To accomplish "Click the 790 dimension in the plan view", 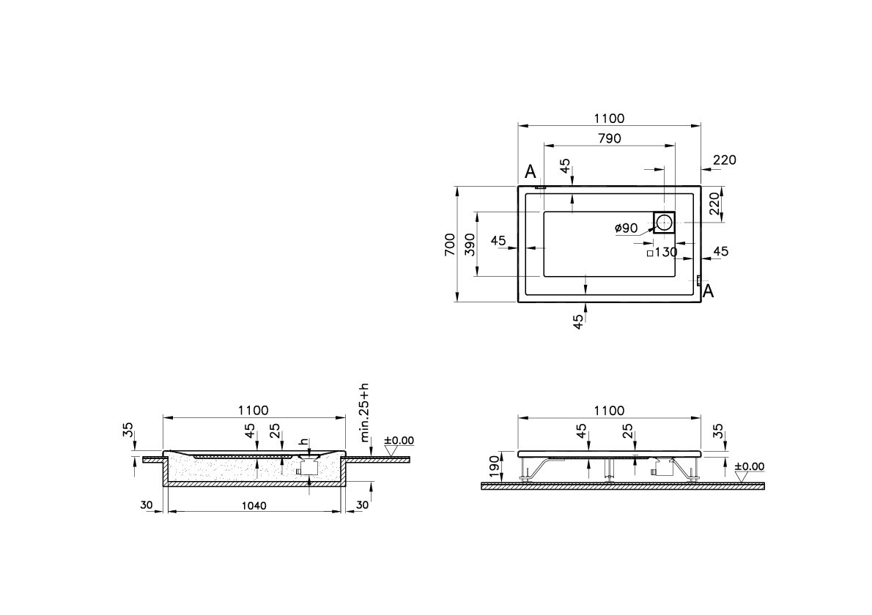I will tap(610, 138).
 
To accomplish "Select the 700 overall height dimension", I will tap(449, 245).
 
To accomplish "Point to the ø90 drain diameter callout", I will tap(626, 228).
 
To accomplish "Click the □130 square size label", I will tap(662, 253).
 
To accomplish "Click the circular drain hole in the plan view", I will tap(665, 222).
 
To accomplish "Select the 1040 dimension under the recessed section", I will tap(254, 506).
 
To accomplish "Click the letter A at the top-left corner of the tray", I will tap(531, 172).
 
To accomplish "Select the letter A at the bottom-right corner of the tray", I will tap(708, 292).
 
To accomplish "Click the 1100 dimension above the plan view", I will tap(610, 119).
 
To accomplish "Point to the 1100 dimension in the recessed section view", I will tap(254, 411).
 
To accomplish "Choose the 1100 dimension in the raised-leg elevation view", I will tap(610, 411).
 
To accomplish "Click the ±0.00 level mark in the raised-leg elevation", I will tap(748, 466).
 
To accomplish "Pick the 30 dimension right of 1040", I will tap(361, 506).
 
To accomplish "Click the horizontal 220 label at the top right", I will tap(724, 160).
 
